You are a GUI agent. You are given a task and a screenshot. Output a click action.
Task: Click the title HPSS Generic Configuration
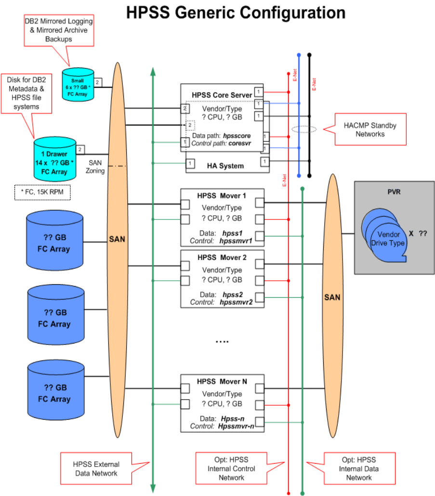(236, 12)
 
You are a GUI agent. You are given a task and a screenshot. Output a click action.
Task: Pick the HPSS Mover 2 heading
(222, 258)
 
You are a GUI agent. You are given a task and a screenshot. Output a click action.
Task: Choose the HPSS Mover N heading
(222, 381)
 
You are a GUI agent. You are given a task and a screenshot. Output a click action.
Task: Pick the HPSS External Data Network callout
(96, 468)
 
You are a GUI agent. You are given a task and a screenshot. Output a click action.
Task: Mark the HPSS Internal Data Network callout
(358, 468)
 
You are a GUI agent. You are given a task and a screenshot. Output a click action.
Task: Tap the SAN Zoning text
(97, 166)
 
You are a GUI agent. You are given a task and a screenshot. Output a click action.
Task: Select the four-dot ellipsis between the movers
(222, 342)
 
